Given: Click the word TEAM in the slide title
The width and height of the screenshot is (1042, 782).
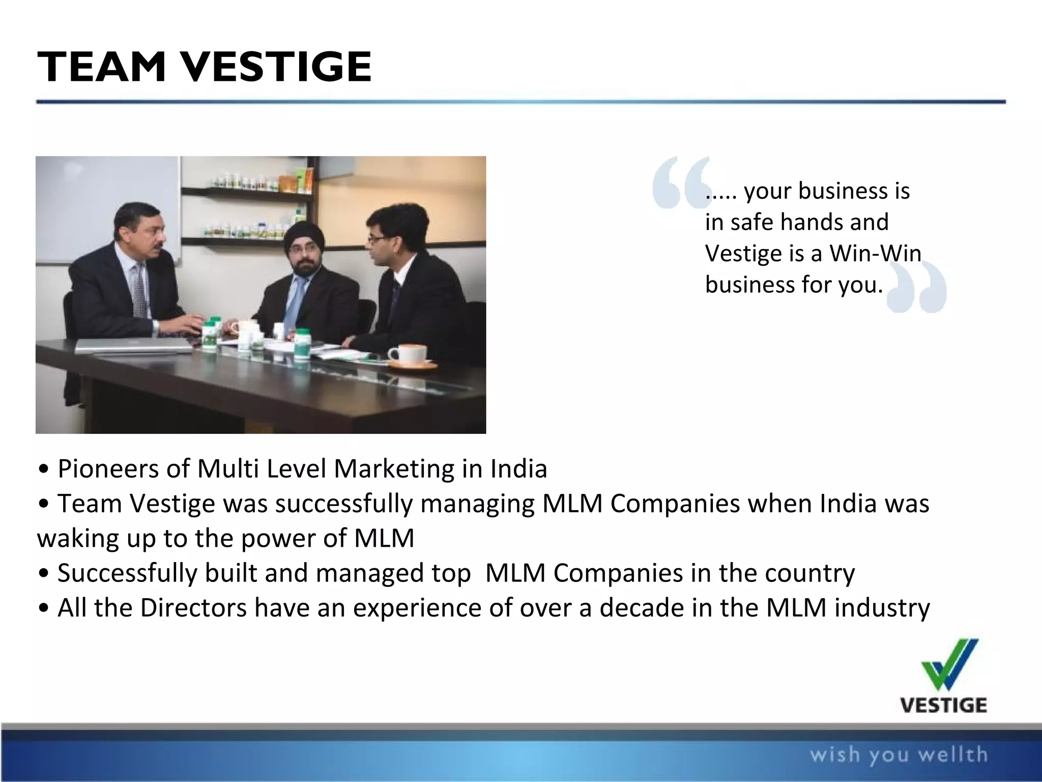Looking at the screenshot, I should [x=102, y=67].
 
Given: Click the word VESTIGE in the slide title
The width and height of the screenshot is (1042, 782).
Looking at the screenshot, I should [x=277, y=67].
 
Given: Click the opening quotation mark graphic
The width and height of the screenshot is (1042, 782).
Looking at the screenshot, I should [x=680, y=183].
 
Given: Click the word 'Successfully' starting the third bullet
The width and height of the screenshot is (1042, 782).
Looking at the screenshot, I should [x=127, y=573].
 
